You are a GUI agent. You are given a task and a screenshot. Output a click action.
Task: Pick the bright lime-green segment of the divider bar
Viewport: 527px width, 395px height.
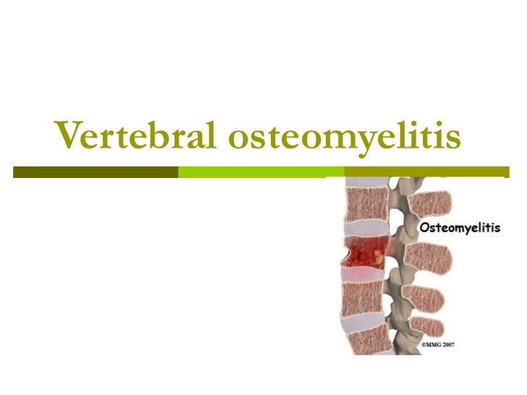pos(261,172)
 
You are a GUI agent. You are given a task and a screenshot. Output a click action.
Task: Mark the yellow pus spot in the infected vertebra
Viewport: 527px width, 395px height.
pos(377,254)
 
